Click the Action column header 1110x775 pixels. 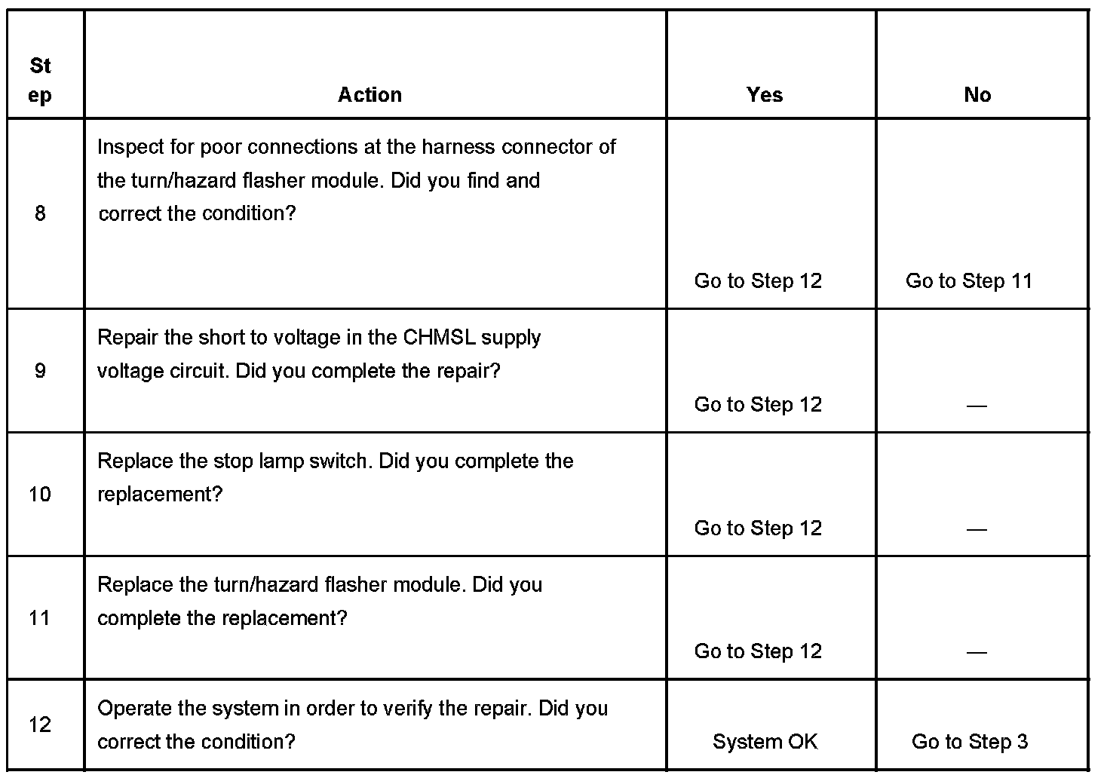369,95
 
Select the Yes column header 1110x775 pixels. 765,95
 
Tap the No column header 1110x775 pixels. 977,95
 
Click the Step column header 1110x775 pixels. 41,81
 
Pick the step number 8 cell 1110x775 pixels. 40,214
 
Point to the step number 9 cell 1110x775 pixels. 40,371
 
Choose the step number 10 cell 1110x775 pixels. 40,495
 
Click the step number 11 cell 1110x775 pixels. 40,618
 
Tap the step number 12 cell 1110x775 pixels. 40,725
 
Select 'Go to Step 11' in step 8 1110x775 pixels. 968,281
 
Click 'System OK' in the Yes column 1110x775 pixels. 765,742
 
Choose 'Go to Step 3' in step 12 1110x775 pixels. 969,742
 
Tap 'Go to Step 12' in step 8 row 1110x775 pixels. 758,281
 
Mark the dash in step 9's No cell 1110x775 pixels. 977,406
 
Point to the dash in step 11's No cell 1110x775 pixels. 977,653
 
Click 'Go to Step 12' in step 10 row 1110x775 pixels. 758,528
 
